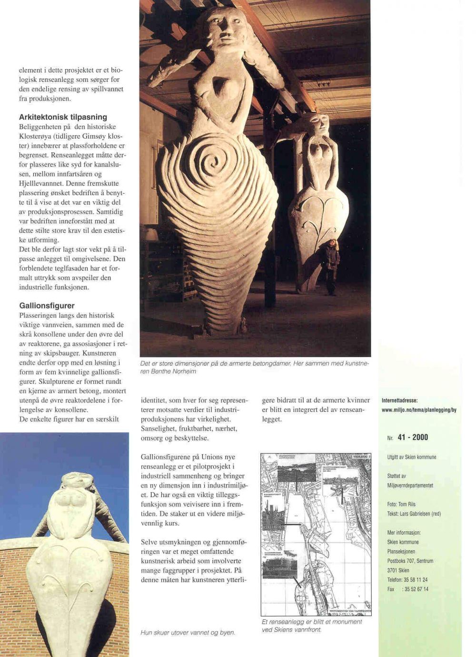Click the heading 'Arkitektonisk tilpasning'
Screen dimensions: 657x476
(63, 117)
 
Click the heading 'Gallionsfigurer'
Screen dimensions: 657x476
(47, 305)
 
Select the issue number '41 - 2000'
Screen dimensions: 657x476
(413, 437)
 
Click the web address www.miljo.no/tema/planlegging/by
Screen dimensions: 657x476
(419, 410)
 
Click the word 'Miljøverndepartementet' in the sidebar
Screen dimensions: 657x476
(410, 486)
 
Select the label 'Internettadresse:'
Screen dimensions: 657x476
(400, 400)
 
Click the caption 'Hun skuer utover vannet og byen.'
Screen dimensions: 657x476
(188, 633)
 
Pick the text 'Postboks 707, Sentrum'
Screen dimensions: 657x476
(410, 561)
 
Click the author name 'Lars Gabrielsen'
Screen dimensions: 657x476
(421, 514)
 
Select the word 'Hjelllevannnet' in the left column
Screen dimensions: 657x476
(40, 183)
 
